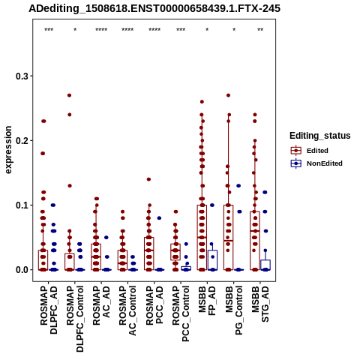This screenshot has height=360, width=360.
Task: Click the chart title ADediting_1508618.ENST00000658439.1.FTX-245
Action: [x=154, y=9]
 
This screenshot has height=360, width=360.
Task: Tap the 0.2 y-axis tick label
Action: [x=22, y=140]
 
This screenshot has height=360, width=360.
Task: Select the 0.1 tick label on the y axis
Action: [x=22, y=205]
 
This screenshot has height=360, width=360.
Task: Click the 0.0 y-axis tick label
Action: [x=22, y=270]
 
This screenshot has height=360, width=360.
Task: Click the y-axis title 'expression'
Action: [x=8, y=150]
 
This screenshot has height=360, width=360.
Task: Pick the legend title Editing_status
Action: [x=320, y=136]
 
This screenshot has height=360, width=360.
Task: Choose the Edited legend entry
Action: [x=309, y=151]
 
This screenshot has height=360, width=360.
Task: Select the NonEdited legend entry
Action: [x=316, y=163]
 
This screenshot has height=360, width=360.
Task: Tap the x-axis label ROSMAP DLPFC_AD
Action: [x=49, y=310]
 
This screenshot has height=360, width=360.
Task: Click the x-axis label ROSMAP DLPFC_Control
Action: [x=75, y=319]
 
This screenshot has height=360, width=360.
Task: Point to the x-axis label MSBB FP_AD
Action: [x=207, y=301]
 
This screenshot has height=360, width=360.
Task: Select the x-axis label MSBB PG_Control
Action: [x=234, y=310]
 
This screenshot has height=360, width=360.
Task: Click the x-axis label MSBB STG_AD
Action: [x=260, y=304]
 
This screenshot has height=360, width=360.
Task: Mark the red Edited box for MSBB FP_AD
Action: [x=202, y=238]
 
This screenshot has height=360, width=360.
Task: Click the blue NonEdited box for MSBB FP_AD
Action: [x=212, y=260]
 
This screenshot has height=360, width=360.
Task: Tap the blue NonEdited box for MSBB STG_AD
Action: [x=265, y=265]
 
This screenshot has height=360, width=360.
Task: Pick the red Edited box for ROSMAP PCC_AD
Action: [x=149, y=253]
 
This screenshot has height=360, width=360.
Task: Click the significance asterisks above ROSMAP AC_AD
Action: [x=101, y=30]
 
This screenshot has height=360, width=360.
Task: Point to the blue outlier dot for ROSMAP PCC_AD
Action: [x=159, y=218]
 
